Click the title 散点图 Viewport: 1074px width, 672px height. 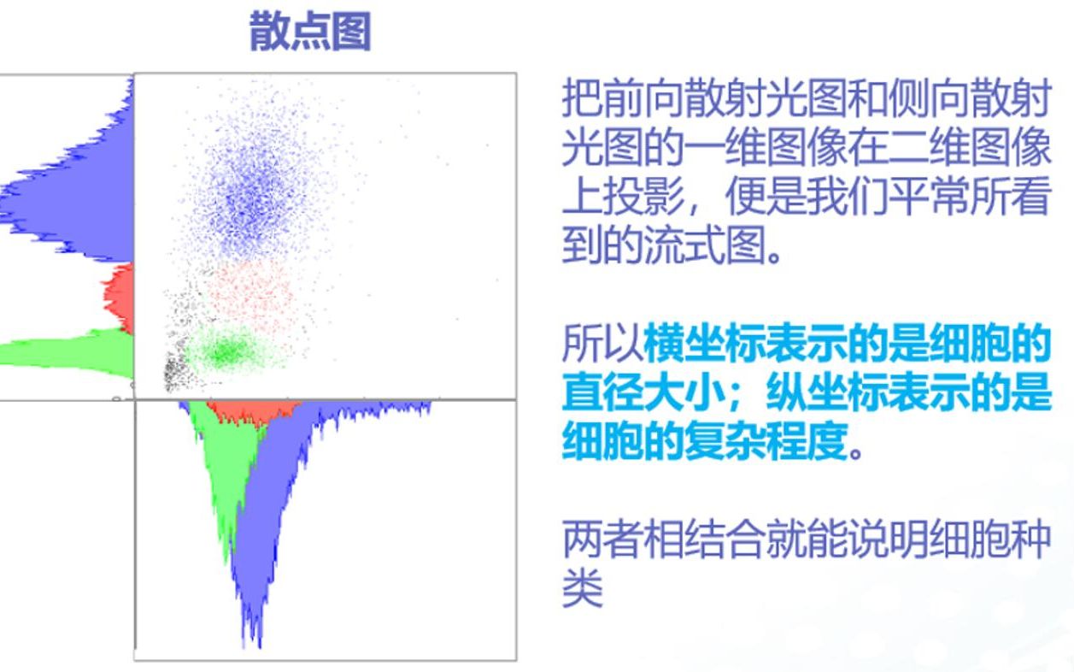(310, 33)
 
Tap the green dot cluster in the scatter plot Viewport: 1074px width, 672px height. (225, 351)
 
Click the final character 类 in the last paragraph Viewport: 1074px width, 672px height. (582, 589)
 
